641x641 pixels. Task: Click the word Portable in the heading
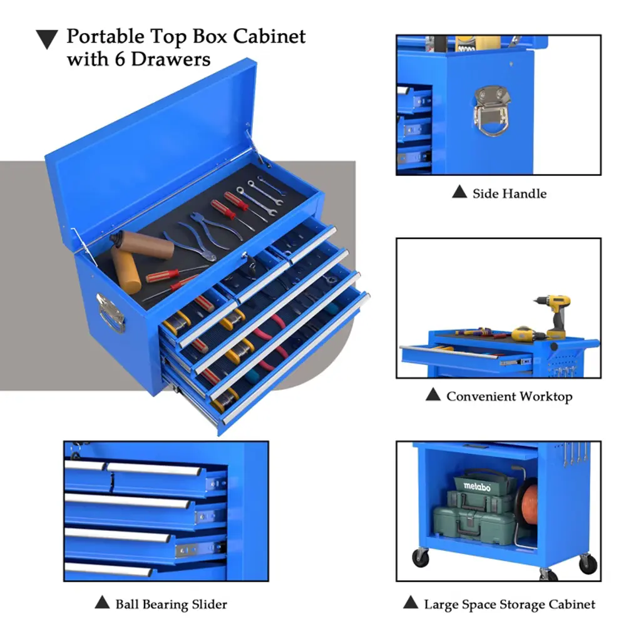[x=105, y=38]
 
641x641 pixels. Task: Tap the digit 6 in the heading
[x=120, y=59]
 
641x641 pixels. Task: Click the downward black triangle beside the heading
[x=46, y=39]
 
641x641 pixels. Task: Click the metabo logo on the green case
[x=477, y=486]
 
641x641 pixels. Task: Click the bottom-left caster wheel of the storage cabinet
[x=420, y=557]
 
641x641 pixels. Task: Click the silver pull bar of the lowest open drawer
[x=295, y=357]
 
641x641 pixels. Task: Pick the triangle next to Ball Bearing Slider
[x=102, y=602]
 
